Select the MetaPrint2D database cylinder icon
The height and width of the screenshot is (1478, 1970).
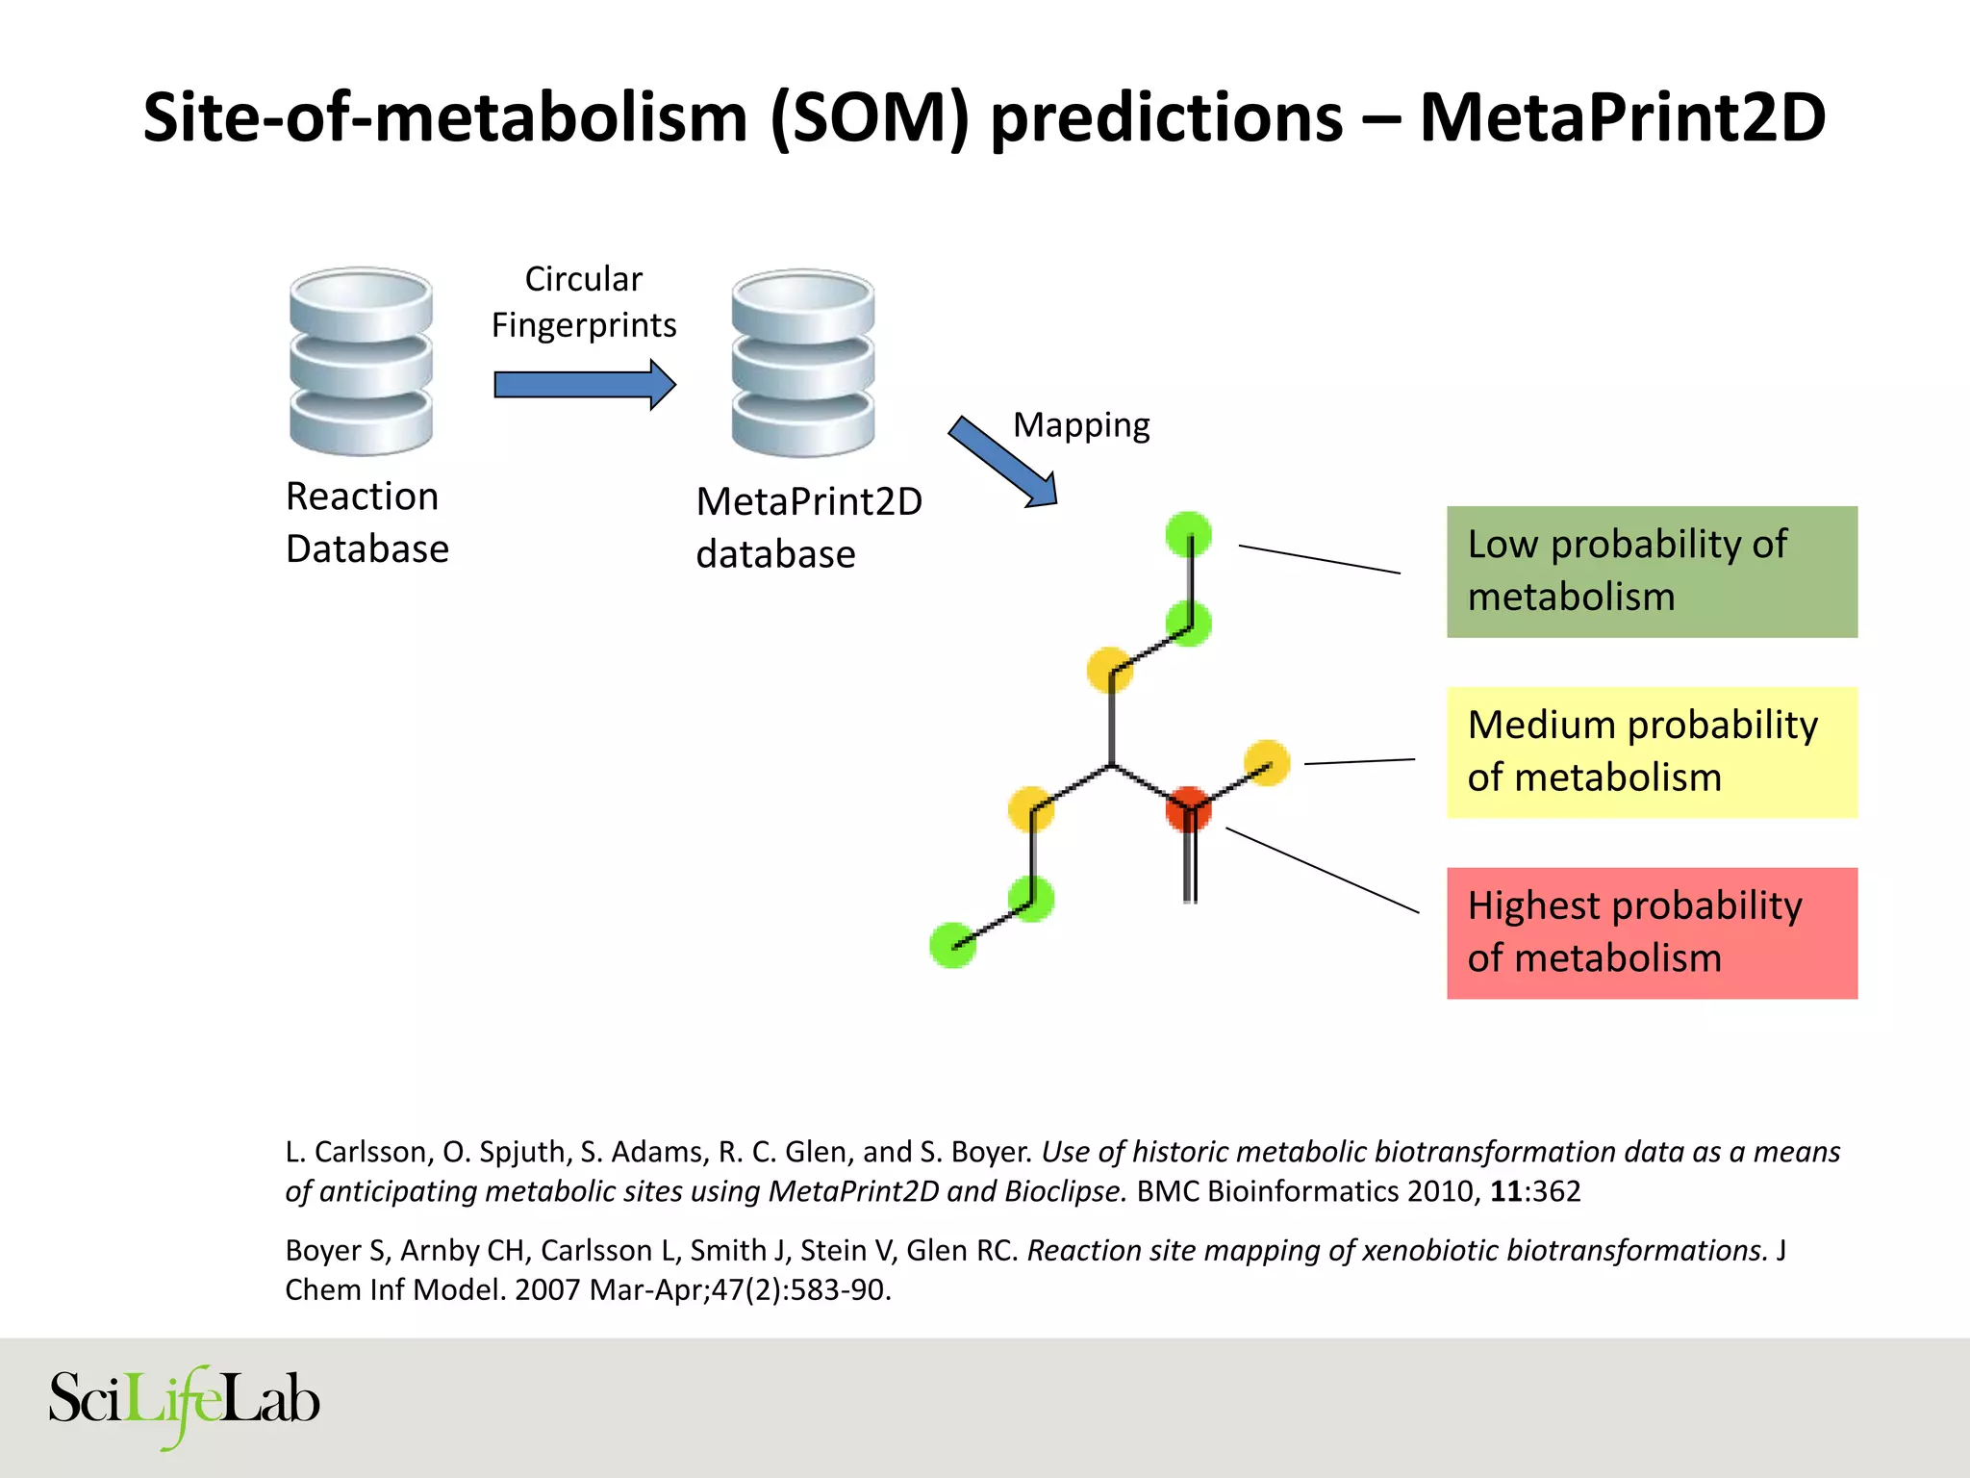tap(803, 363)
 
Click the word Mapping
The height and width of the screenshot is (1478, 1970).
tap(1081, 425)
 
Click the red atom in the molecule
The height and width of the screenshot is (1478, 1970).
tap(1188, 808)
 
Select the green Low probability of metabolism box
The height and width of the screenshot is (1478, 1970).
tap(1652, 572)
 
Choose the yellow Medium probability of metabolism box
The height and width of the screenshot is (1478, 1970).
tap(1652, 752)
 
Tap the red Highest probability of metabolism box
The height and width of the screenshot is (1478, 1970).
tap(1652, 933)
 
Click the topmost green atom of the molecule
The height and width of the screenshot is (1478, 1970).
tap(1188, 534)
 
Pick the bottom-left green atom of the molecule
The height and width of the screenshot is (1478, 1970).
tap(952, 945)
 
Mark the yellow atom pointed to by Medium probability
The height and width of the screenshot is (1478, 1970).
tap(1267, 762)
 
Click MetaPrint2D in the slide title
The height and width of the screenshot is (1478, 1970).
tap(1622, 117)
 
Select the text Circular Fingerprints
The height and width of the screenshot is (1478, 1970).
tap(584, 302)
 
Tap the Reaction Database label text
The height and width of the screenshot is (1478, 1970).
tap(366, 522)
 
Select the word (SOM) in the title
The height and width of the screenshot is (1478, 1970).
tap(869, 117)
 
